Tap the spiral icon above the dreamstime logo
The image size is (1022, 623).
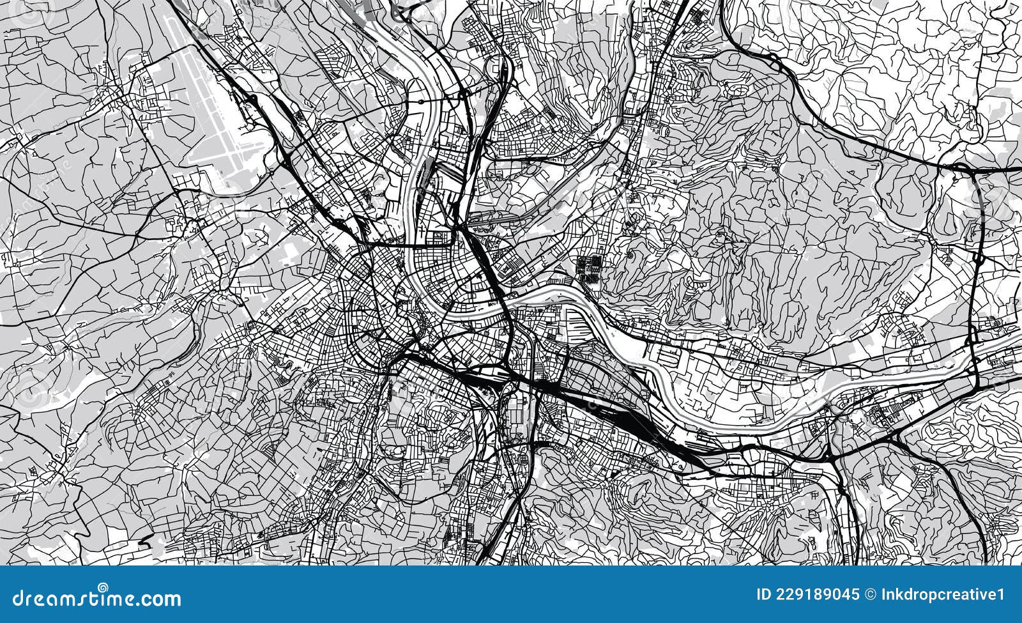[x=102, y=587]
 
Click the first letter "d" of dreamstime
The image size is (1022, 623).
[x=8, y=599]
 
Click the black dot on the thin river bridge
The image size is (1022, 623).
[x=422, y=101]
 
